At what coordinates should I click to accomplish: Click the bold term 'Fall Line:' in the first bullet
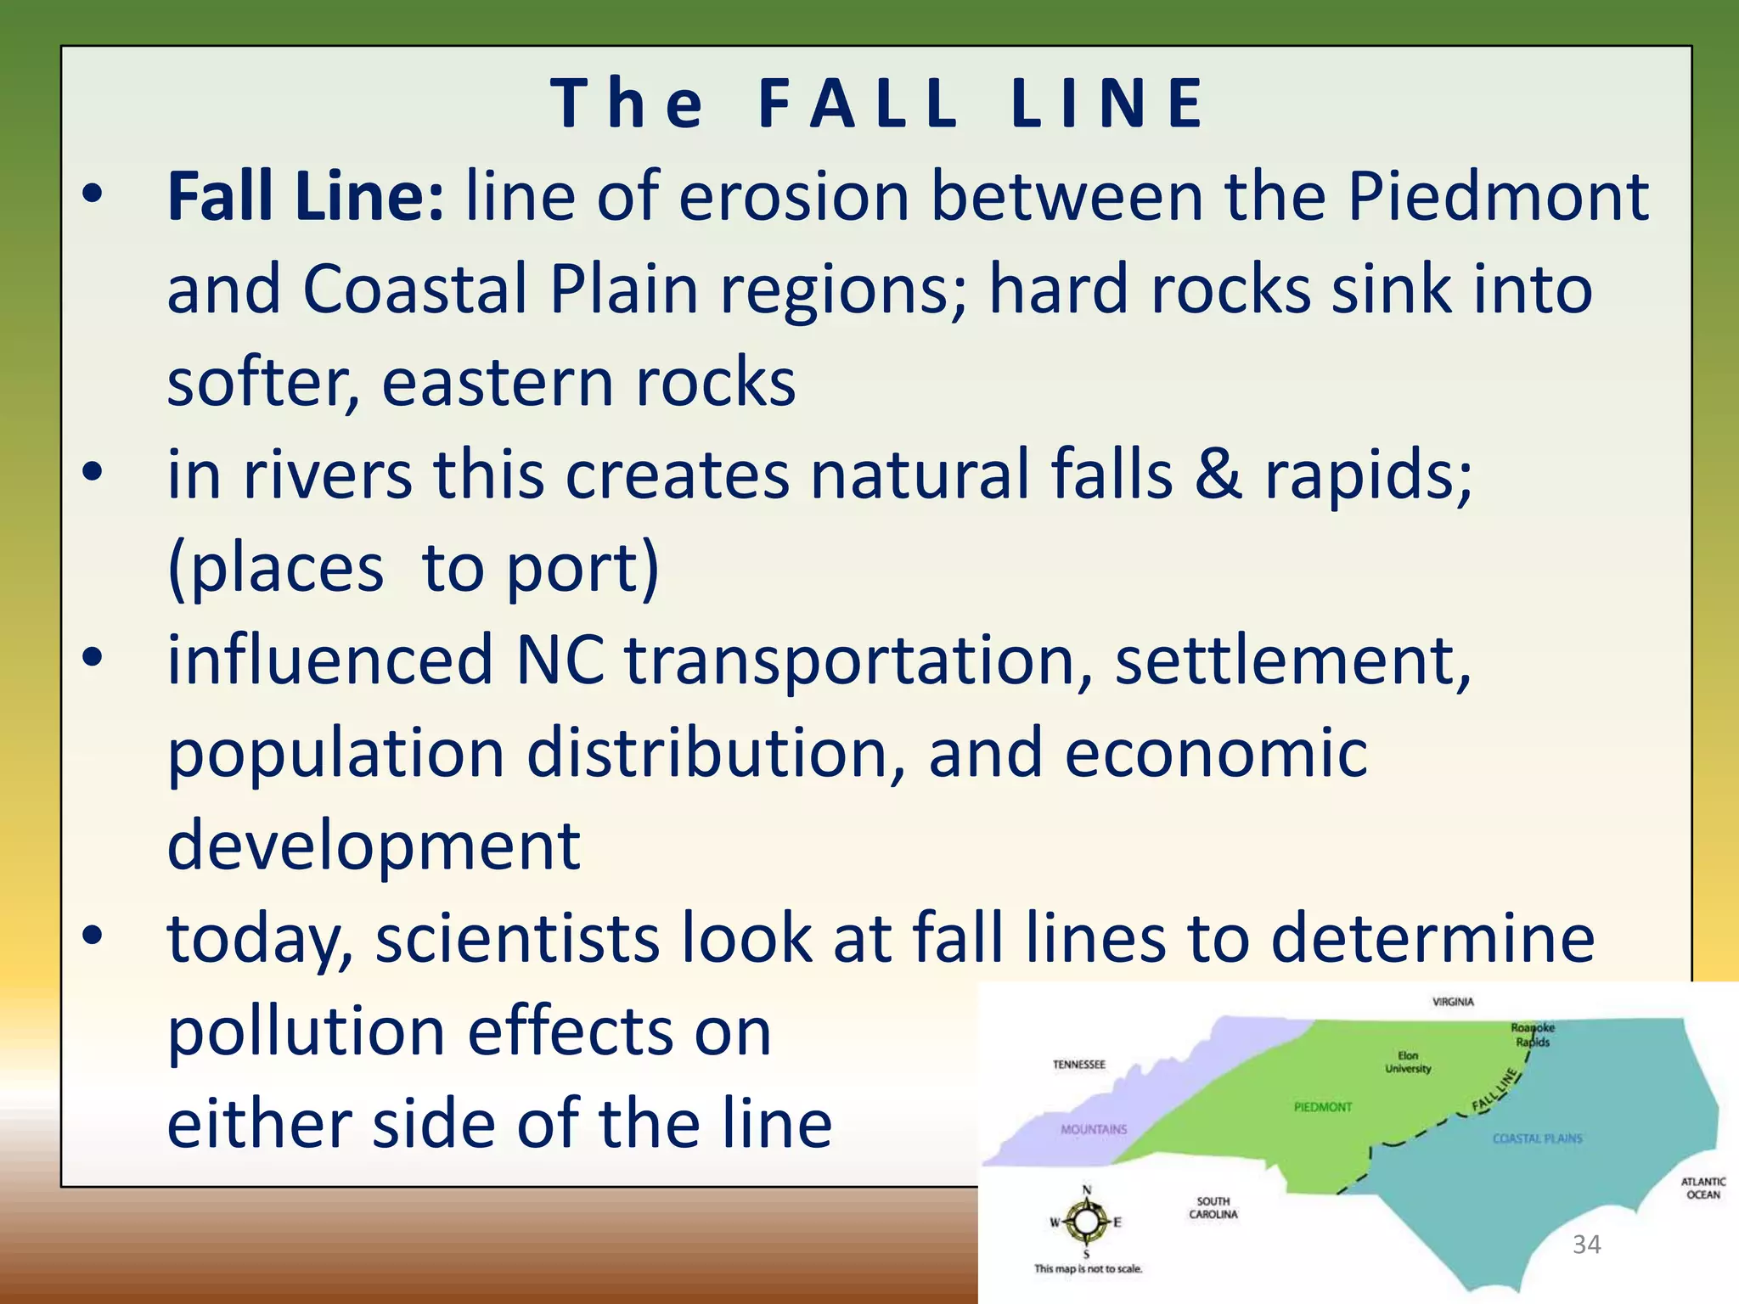click(x=305, y=197)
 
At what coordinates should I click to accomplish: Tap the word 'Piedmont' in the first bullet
click(x=1498, y=197)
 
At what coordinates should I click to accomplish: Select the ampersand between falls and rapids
click(x=1218, y=474)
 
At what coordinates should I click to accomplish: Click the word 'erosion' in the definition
click(x=793, y=197)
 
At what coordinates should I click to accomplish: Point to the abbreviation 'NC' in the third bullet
click(x=560, y=660)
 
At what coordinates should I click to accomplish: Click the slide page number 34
click(x=1586, y=1245)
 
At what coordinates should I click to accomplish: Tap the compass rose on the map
click(x=1086, y=1222)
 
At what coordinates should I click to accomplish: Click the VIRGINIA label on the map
click(x=1453, y=1002)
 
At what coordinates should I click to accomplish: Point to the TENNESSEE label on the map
click(x=1079, y=1065)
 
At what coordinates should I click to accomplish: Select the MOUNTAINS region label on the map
click(x=1094, y=1129)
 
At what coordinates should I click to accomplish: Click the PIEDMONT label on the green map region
click(x=1322, y=1107)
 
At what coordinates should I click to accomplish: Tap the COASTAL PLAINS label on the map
click(x=1537, y=1138)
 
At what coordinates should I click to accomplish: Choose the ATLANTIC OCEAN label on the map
click(x=1702, y=1188)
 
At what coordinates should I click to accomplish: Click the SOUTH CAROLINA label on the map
click(x=1213, y=1207)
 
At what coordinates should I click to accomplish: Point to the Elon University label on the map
click(x=1408, y=1062)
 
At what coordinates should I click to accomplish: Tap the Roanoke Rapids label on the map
click(x=1533, y=1035)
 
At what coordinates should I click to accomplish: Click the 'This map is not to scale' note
click(x=1088, y=1269)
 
